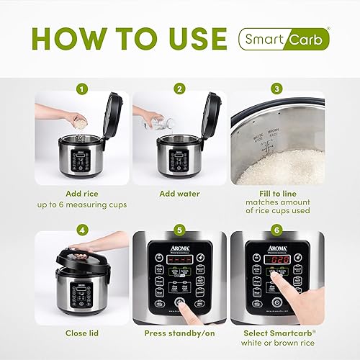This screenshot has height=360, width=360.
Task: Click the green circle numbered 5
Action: coord(179,230)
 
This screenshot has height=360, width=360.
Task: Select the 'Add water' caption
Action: coord(179,194)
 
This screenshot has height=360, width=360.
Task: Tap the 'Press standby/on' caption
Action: coord(179,333)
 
